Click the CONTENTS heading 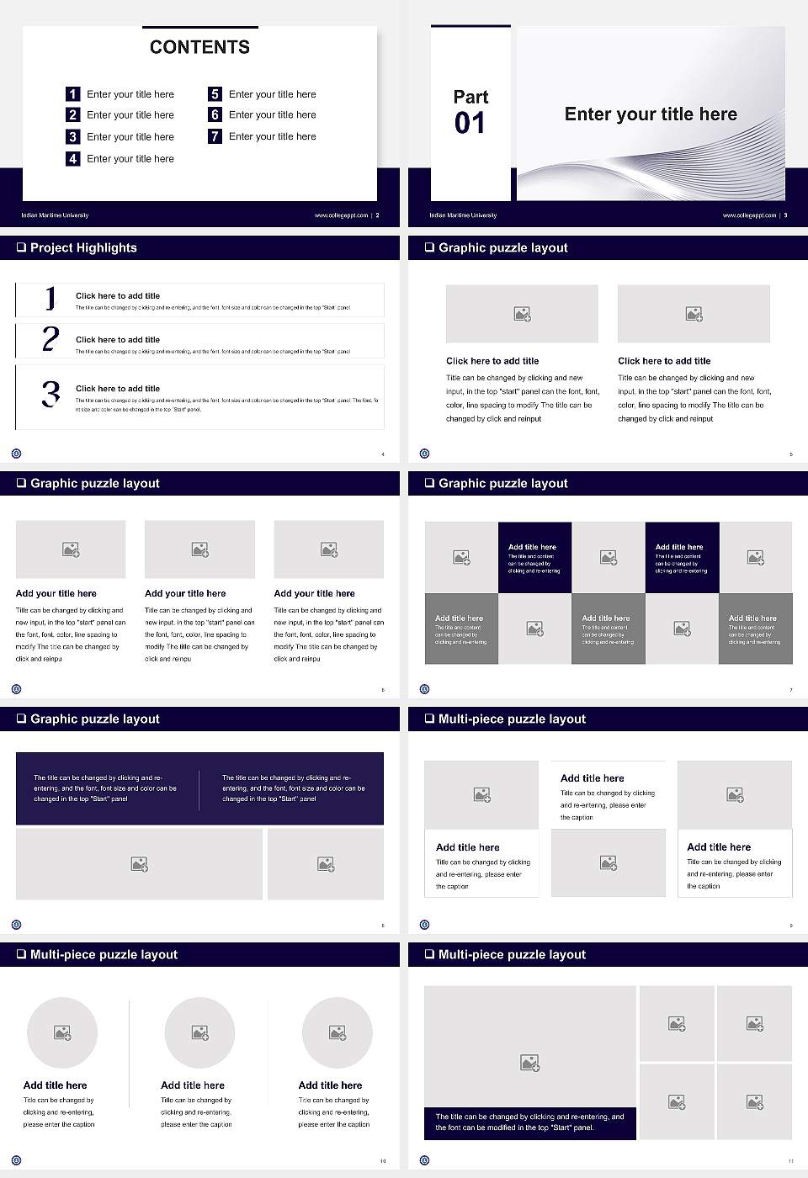(x=199, y=47)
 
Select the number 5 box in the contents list (x=215, y=94)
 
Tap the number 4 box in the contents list (x=73, y=158)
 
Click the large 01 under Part (x=470, y=124)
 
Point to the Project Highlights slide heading (x=82, y=247)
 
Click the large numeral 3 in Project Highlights (x=50, y=394)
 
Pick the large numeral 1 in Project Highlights (x=50, y=298)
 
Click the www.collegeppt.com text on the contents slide (x=341, y=215)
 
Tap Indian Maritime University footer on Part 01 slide (x=463, y=215)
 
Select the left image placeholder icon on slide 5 (x=522, y=314)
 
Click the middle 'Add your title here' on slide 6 (x=185, y=593)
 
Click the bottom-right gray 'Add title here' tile (x=755, y=629)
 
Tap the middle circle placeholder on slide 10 (x=199, y=1032)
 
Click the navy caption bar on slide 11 (x=529, y=1122)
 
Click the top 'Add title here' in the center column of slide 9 (x=593, y=778)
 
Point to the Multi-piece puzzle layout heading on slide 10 (x=104, y=954)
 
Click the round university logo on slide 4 (x=16, y=454)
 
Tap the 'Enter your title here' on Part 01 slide (x=651, y=114)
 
